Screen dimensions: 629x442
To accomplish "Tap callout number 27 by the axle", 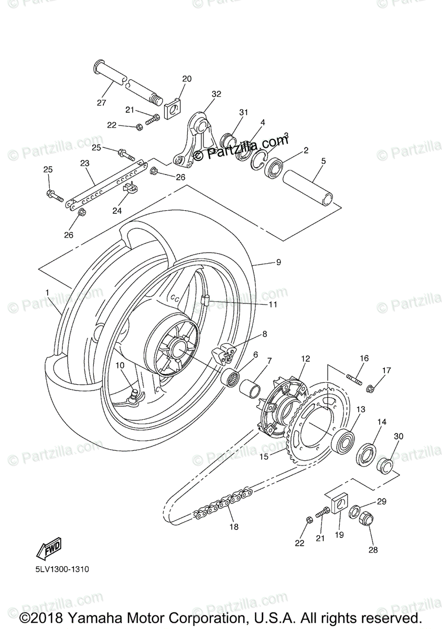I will pos(101,103).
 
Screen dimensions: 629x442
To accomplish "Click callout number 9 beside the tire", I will pos(278,262).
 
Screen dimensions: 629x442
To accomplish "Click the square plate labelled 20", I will pos(171,109).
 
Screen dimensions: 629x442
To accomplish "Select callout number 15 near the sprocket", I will pos(264,457).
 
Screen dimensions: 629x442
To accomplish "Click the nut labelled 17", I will pos(370,388).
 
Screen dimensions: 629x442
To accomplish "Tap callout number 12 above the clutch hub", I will pos(306,359).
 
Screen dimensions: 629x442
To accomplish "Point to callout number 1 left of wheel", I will pos(48,292).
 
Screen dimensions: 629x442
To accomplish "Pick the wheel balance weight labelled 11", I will pos(205,301).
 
